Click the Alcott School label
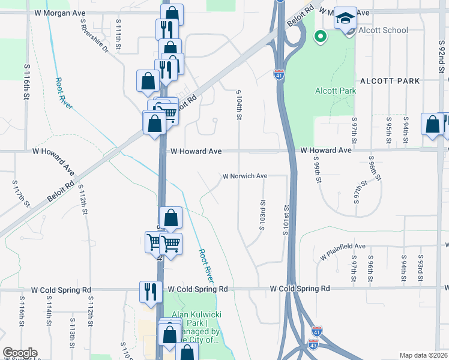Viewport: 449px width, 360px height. (383, 31)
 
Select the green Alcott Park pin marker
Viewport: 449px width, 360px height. (321, 37)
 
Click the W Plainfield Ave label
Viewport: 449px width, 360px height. (343, 251)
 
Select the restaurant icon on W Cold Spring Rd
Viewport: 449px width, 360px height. (149, 292)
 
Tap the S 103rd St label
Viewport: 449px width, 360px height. (262, 214)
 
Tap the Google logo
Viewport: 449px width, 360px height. (19, 353)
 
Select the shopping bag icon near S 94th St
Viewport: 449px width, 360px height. (432, 125)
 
